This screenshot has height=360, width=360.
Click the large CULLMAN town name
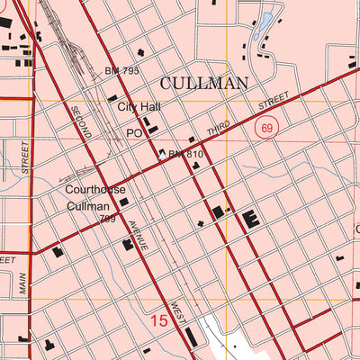coord(203,83)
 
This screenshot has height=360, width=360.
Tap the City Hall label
coord(139,106)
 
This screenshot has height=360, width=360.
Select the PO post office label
coord(134,131)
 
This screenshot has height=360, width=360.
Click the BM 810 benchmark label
coord(187,155)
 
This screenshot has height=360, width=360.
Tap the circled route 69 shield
coord(265,129)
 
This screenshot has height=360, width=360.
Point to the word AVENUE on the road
coord(137,235)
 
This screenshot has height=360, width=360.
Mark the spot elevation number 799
coord(109,219)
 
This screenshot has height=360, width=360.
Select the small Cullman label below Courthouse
coord(89,206)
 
